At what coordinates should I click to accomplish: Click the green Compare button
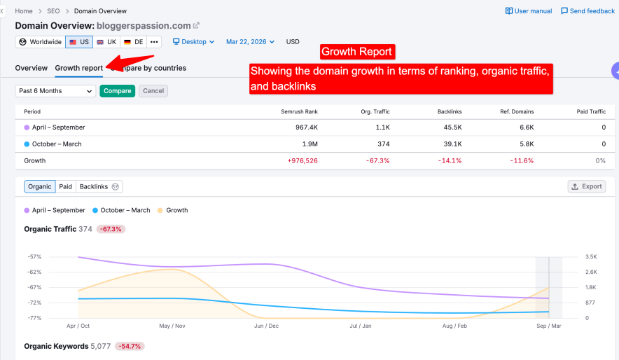tap(117, 91)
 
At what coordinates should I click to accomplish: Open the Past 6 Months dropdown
tap(55, 91)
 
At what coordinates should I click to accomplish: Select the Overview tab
tap(32, 68)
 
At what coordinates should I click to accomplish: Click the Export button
tap(586, 186)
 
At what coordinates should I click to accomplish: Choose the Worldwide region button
tap(41, 42)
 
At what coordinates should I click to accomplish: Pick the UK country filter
tap(106, 42)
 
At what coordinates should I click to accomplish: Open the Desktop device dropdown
tap(193, 42)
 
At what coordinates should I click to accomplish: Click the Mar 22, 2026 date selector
tap(250, 42)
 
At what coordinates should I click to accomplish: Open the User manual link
tap(528, 11)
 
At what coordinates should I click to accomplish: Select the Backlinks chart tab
tap(99, 186)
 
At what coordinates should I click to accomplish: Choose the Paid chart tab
tap(65, 186)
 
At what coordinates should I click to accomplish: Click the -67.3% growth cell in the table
tap(379, 160)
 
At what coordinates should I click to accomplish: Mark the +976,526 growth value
tap(302, 160)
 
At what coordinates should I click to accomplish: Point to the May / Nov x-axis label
tap(172, 326)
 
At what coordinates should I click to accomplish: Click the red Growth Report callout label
tap(356, 52)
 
